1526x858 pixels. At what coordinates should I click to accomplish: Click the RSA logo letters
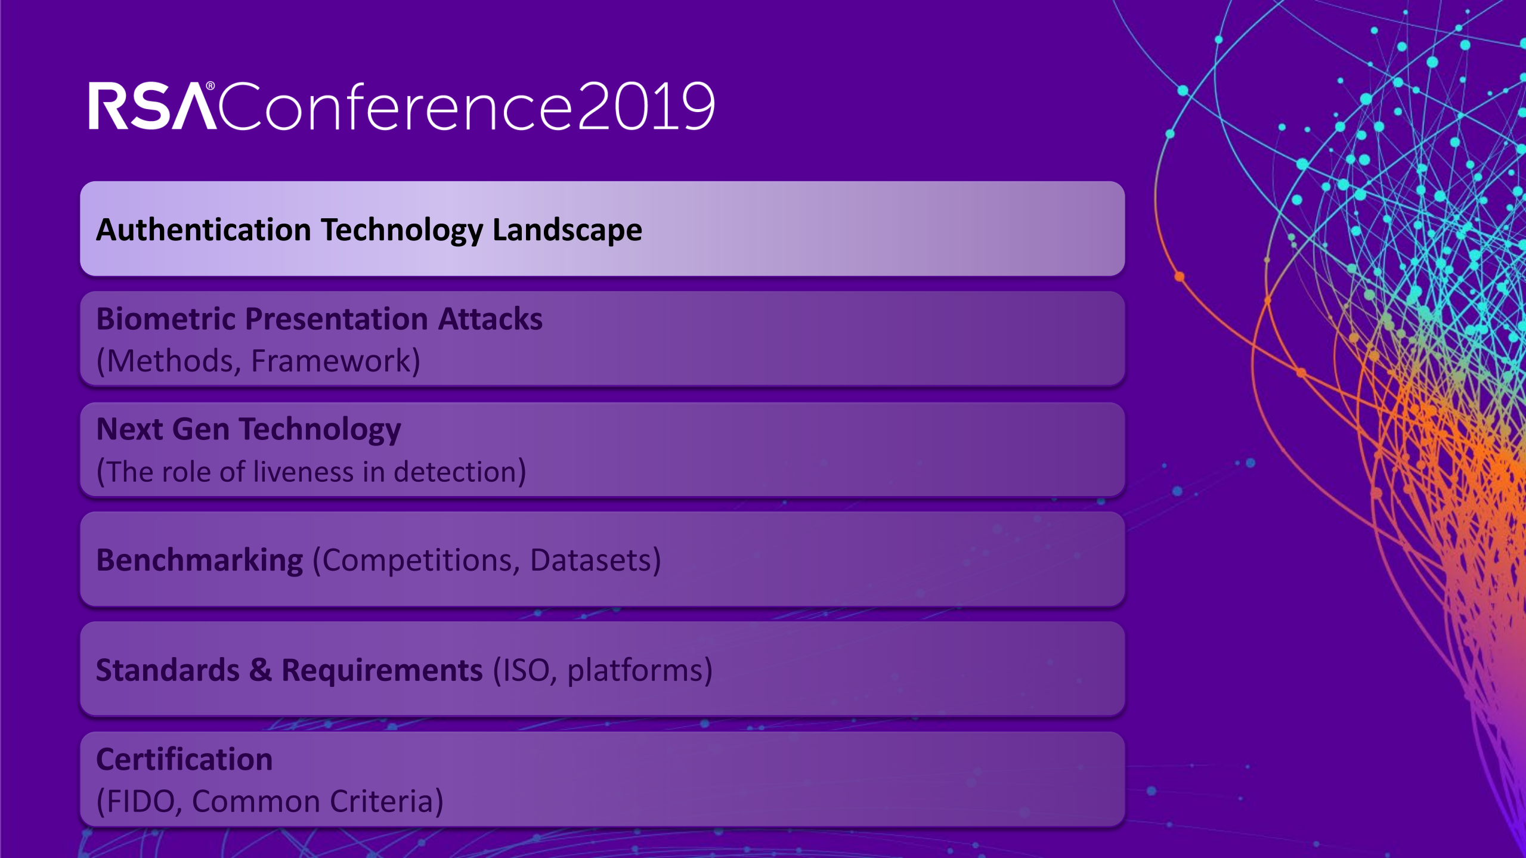pyautogui.click(x=152, y=106)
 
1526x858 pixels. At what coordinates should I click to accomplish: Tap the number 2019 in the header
pyautogui.click(x=646, y=107)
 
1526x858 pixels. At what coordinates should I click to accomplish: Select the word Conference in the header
pyautogui.click(x=397, y=106)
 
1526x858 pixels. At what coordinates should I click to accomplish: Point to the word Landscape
pyautogui.click(x=567, y=231)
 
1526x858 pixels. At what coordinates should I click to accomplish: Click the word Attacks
pyautogui.click(x=490, y=319)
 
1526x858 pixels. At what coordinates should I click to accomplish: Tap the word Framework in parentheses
pyautogui.click(x=331, y=361)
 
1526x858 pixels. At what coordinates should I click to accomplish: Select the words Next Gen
pyautogui.click(x=163, y=429)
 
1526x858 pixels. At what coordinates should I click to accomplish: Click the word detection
pyautogui.click(x=454, y=472)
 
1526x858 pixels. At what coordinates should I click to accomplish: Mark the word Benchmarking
pyautogui.click(x=200, y=560)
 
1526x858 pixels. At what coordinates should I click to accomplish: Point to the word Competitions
pyautogui.click(x=417, y=560)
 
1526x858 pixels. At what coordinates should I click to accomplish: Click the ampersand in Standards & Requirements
pyautogui.click(x=261, y=670)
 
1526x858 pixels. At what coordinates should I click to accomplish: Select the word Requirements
pyautogui.click(x=382, y=671)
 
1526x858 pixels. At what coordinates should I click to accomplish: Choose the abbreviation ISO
pyautogui.click(x=527, y=670)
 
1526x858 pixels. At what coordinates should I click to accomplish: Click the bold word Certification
pyautogui.click(x=184, y=759)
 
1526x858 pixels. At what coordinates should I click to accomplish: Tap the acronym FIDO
pyautogui.click(x=141, y=801)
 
